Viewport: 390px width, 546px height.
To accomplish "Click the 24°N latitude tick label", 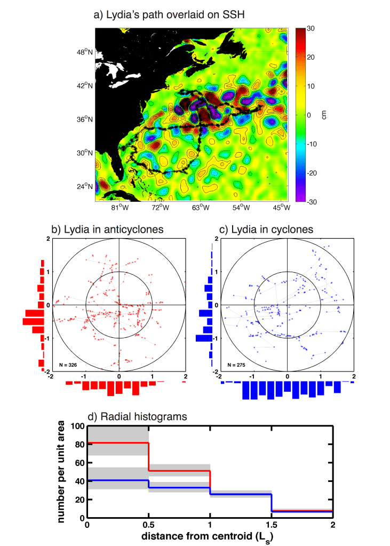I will [x=84, y=186].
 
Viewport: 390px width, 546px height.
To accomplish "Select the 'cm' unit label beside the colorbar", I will [x=323, y=115].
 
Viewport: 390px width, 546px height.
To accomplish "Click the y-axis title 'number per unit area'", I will [x=63, y=472].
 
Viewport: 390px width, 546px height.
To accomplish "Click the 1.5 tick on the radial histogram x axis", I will [x=271, y=525].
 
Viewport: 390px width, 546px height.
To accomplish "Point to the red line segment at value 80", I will [x=117, y=442].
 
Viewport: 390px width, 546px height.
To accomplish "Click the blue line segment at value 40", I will [x=117, y=480].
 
